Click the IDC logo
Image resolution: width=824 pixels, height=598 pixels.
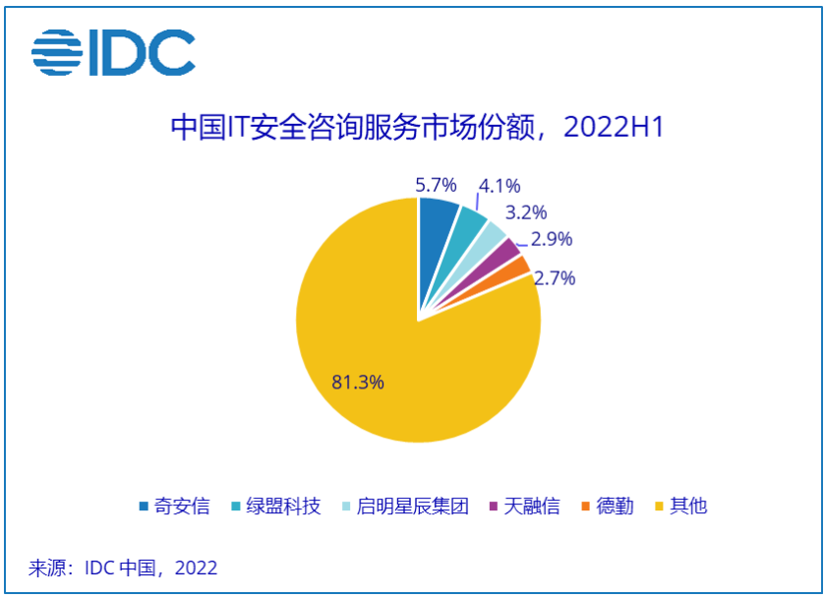coord(113,53)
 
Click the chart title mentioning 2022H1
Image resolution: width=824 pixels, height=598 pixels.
coord(412,128)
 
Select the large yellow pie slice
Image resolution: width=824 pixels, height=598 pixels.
coord(393,364)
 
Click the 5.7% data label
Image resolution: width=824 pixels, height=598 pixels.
coord(437,184)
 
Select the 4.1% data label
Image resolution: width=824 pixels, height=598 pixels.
coord(499,186)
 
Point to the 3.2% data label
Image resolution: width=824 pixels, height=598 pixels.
coord(525,212)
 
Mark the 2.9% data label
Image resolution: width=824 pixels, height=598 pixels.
coord(551,239)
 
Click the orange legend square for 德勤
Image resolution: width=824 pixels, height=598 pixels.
coord(586,507)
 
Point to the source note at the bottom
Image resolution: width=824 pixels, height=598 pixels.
coord(123,568)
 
